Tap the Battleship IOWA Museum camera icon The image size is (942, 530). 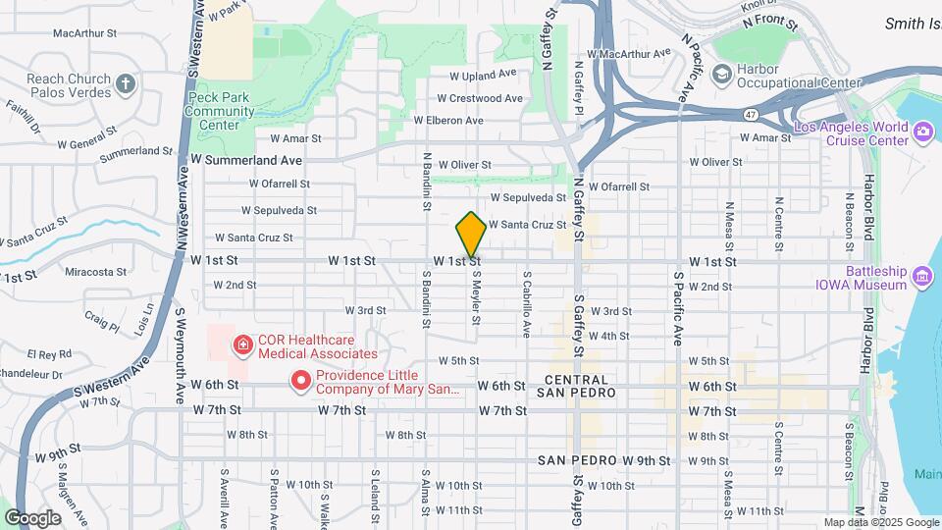click(x=922, y=277)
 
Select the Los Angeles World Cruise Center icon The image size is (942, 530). click(x=922, y=132)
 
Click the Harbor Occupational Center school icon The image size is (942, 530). click(x=723, y=75)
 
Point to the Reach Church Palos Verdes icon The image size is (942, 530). click(x=125, y=83)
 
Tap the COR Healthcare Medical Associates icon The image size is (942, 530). click(x=240, y=345)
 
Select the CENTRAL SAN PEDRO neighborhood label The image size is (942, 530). click(x=580, y=386)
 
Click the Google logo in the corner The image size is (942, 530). click(x=32, y=518)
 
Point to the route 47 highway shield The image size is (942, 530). click(x=750, y=115)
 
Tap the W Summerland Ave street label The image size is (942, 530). click(x=246, y=159)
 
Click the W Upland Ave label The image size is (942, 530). click(x=483, y=74)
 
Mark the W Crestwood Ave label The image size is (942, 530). click(x=480, y=98)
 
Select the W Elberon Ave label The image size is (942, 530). click(x=448, y=121)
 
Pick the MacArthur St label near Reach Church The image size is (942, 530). click(x=85, y=32)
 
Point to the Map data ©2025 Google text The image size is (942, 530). click(x=881, y=522)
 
